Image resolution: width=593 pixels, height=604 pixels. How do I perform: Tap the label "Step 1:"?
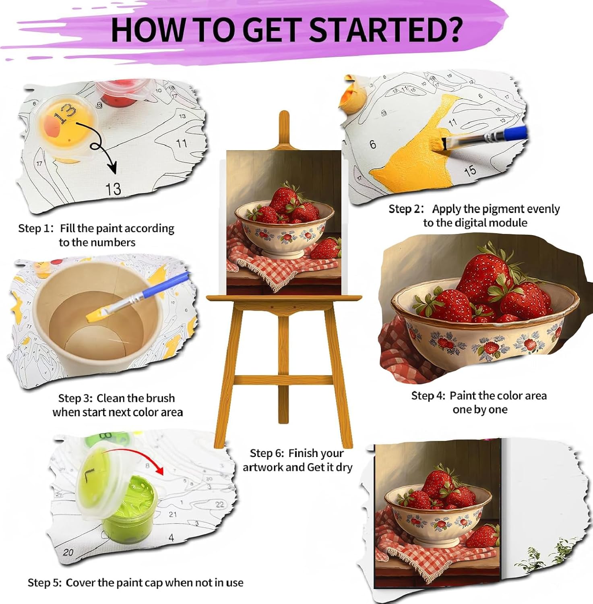pos(36,228)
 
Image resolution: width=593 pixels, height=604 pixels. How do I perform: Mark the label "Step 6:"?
pos(267,453)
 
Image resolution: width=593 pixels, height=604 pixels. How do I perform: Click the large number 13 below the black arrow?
pos(113,188)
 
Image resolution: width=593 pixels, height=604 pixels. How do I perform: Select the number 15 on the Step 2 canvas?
pos(470,171)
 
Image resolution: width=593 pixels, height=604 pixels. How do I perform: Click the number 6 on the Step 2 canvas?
pos(373,144)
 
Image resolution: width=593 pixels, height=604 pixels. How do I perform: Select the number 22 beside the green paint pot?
pos(219,504)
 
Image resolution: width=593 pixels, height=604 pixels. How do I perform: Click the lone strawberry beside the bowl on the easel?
pos(326,248)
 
